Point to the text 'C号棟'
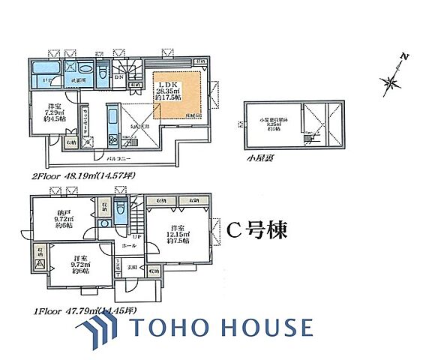point(255,229)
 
